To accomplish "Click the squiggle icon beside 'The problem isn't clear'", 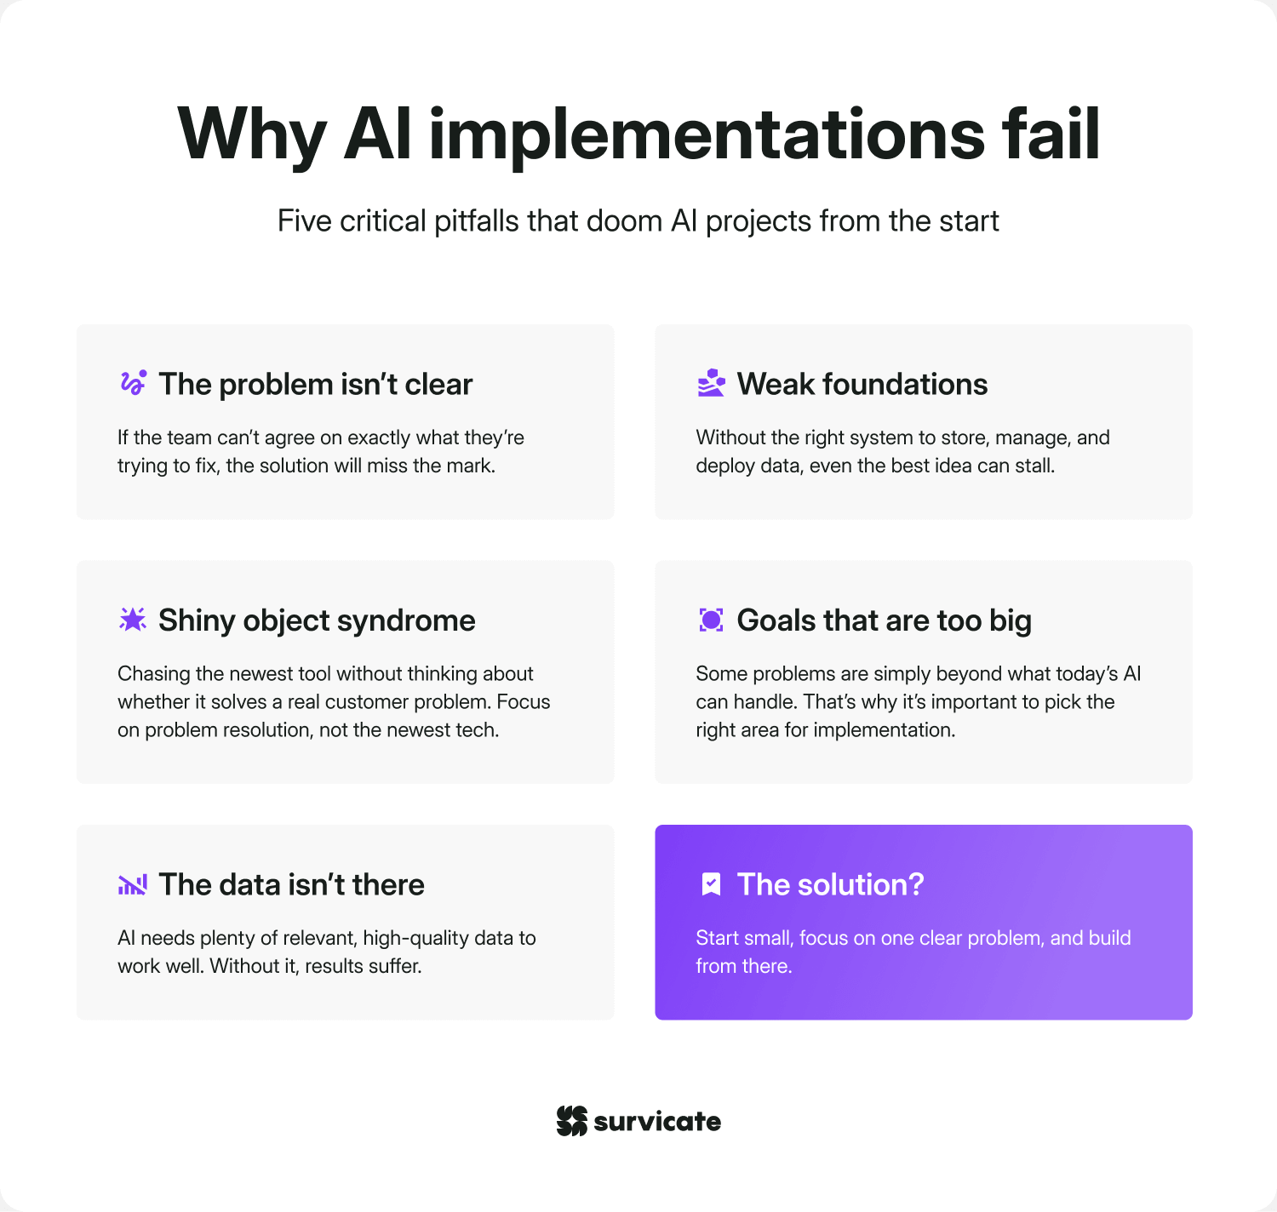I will coord(133,383).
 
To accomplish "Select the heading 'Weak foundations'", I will coord(862,384).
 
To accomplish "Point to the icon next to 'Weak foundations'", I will coord(711,383).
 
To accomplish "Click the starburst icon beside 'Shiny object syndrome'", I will coord(133,620).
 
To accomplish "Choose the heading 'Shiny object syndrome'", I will coord(317,620).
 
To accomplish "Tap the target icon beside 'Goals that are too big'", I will coord(711,620).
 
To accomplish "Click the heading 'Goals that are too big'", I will coord(884,620).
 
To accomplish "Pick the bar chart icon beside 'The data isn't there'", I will coord(133,884).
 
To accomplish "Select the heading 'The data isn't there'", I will coord(291,884).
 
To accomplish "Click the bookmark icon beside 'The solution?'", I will coord(711,884).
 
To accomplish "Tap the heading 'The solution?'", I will coord(830,884).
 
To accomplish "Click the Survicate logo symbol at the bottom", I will coord(572,1121).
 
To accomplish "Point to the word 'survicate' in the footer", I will coord(657,1122).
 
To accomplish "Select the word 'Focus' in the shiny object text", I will coord(524,702).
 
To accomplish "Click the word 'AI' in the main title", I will coord(378,134).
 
